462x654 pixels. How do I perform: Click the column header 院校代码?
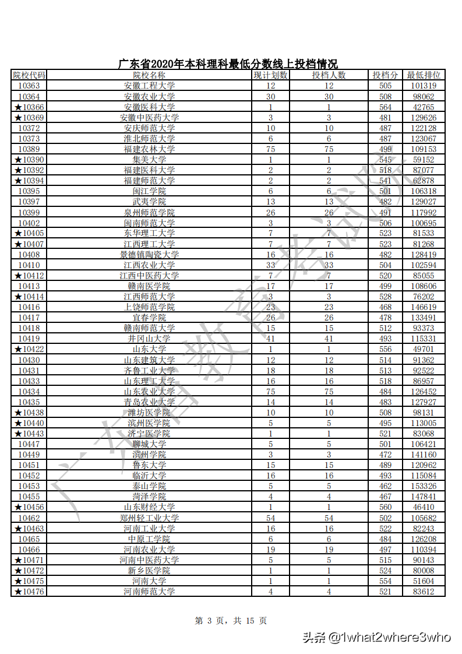point(29,75)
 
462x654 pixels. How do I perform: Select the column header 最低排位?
point(424,75)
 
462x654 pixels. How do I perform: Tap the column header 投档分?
point(386,75)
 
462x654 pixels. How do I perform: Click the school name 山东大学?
point(149,349)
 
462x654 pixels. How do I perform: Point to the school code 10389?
point(29,149)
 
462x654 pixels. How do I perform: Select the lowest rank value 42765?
point(424,107)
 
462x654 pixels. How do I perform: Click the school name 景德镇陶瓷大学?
point(149,255)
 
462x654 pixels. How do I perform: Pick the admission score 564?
point(386,107)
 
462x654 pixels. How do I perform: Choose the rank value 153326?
point(424,486)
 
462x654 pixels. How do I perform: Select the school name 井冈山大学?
point(149,339)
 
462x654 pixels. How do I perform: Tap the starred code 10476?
point(29,592)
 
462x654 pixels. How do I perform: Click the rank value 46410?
point(424,507)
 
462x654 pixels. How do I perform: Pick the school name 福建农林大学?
point(149,149)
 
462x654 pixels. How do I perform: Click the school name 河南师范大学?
point(149,592)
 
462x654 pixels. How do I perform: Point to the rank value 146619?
point(424,307)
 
